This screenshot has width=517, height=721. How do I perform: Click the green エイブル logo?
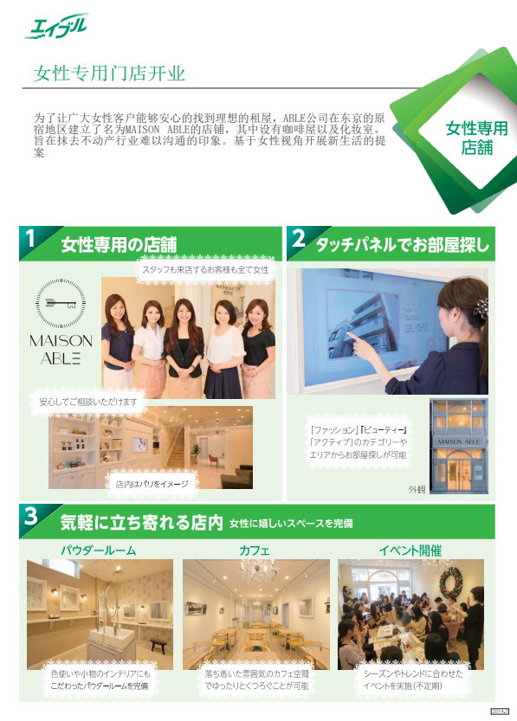click(57, 24)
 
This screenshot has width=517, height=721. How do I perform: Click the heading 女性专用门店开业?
click(109, 74)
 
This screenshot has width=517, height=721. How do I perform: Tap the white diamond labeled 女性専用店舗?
click(476, 138)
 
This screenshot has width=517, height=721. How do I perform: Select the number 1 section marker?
click(30, 240)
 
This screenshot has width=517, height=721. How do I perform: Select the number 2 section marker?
click(298, 240)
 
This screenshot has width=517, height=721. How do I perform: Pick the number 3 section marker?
click(30, 517)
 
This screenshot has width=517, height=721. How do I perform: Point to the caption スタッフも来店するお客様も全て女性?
click(204, 270)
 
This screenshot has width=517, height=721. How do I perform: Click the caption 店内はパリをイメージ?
click(152, 484)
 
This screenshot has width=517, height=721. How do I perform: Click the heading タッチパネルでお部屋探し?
click(401, 244)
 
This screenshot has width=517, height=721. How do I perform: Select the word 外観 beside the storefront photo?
click(417, 489)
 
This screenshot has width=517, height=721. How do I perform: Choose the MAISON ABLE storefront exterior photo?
click(459, 447)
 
